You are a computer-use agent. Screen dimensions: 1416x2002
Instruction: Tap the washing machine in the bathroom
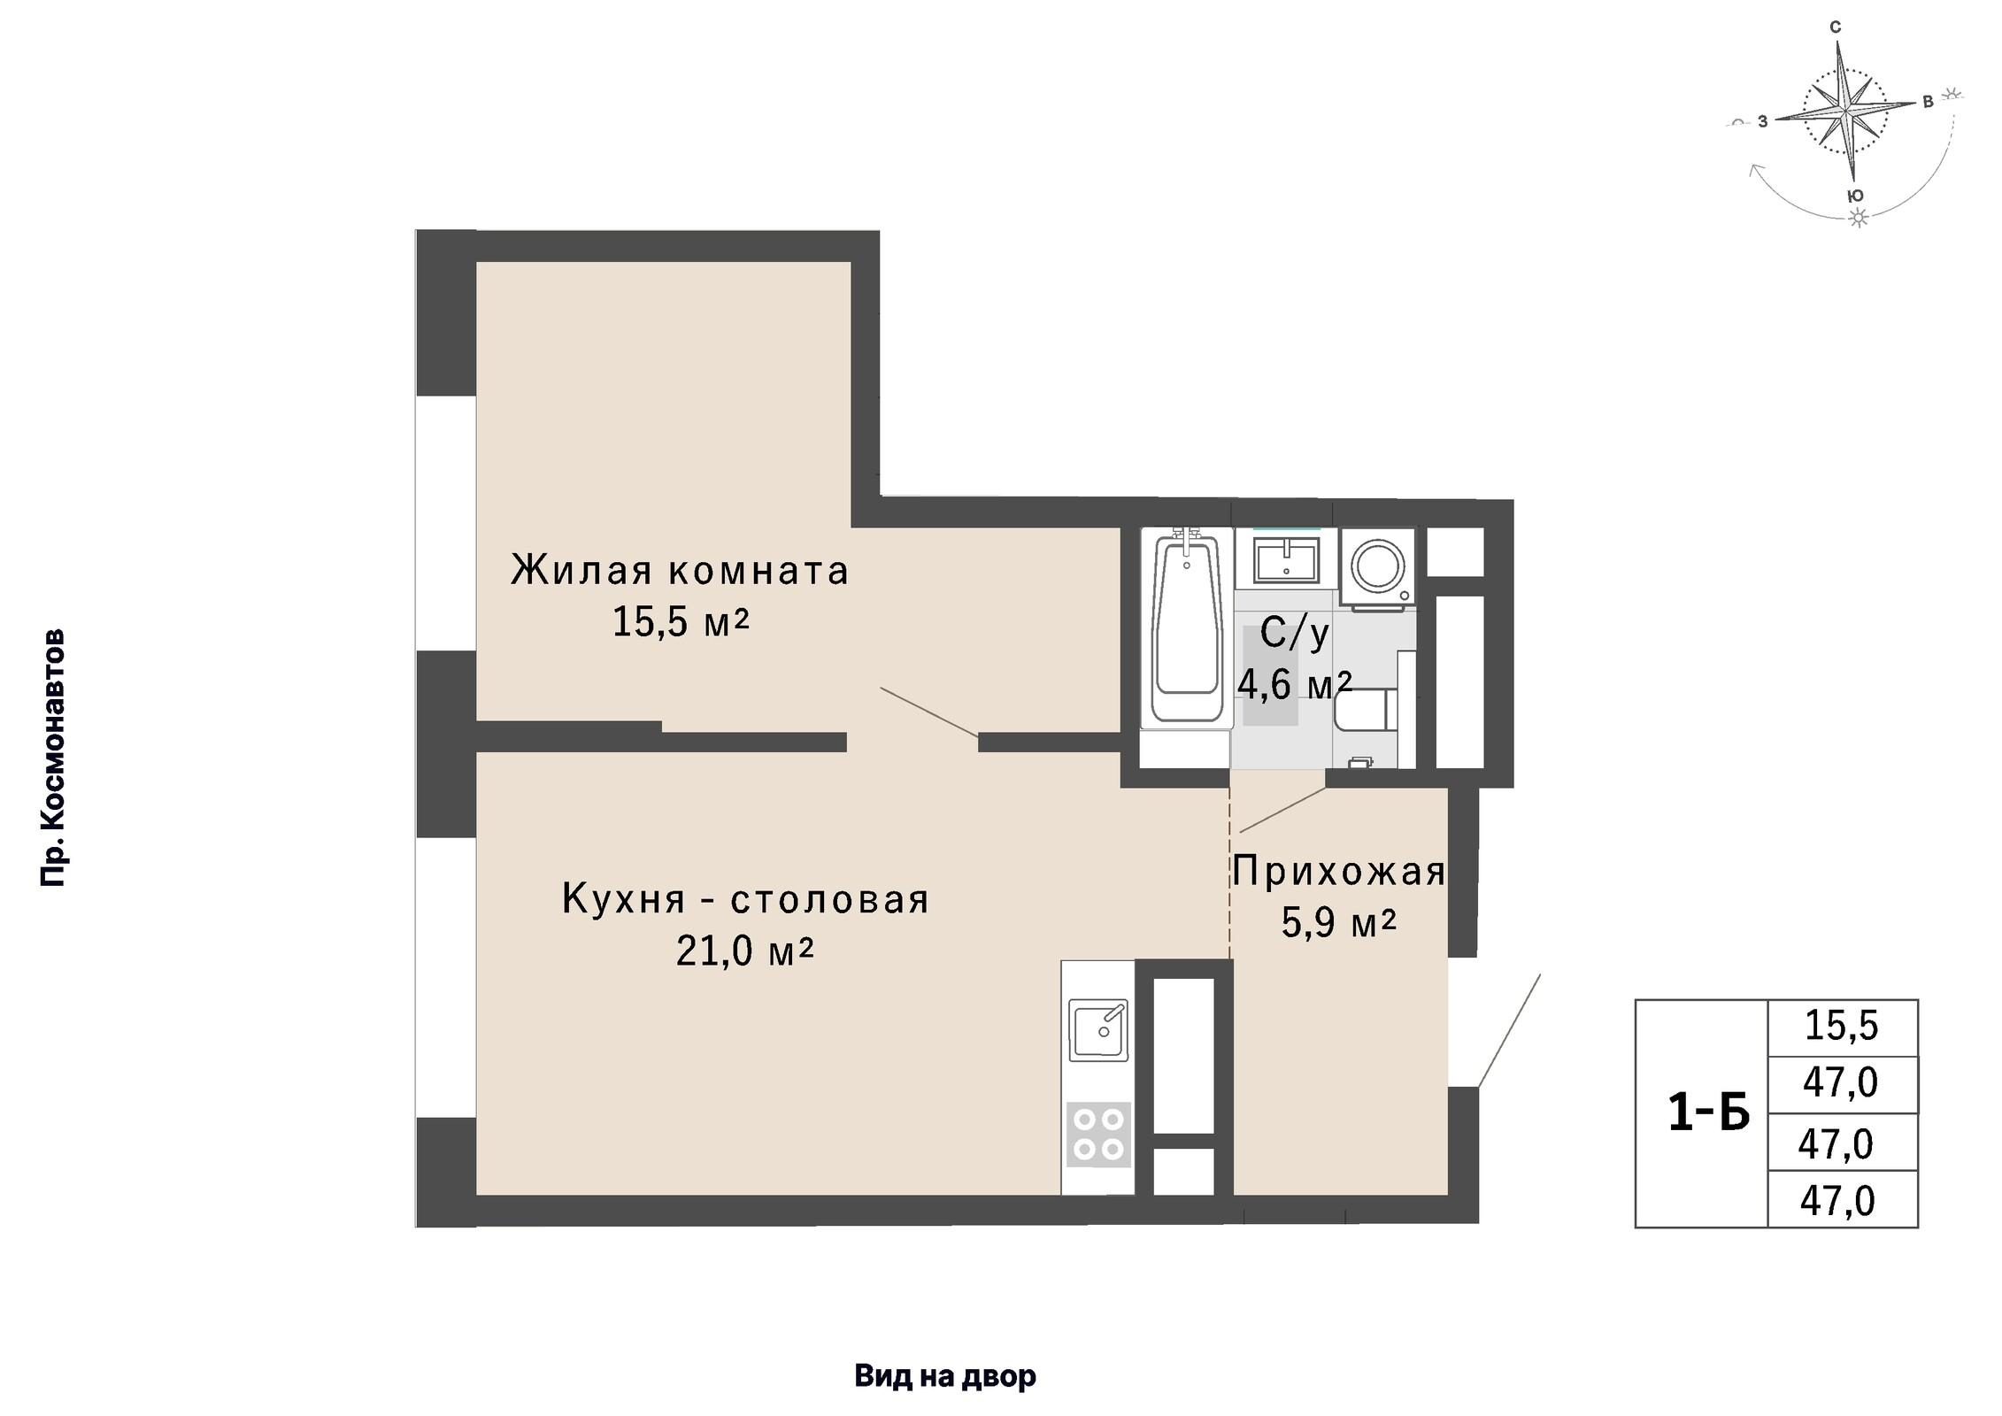tap(1378, 566)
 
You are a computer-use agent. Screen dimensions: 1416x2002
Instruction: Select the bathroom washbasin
tap(1287, 560)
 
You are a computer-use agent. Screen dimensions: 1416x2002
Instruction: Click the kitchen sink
tap(1098, 1029)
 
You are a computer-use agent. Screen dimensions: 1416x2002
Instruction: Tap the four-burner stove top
tap(1098, 1135)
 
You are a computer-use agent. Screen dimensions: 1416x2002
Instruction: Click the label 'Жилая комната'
tap(679, 571)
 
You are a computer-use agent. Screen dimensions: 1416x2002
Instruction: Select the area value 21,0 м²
tap(743, 951)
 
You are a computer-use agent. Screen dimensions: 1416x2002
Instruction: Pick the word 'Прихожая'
tap(1338, 872)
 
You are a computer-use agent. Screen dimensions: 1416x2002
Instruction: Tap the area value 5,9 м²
tap(1338, 923)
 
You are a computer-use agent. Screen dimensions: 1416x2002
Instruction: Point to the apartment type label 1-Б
tap(1708, 1112)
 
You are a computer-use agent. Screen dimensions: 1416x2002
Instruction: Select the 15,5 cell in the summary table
tap(1841, 1026)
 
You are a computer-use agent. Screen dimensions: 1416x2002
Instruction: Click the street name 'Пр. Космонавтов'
tap(53, 758)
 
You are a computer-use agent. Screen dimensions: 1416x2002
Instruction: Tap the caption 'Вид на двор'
tap(944, 1376)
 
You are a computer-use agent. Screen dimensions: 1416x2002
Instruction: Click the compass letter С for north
tap(1835, 27)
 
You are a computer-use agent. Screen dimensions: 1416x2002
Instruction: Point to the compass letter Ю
tap(1857, 196)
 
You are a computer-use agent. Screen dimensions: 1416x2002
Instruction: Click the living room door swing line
tap(929, 712)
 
